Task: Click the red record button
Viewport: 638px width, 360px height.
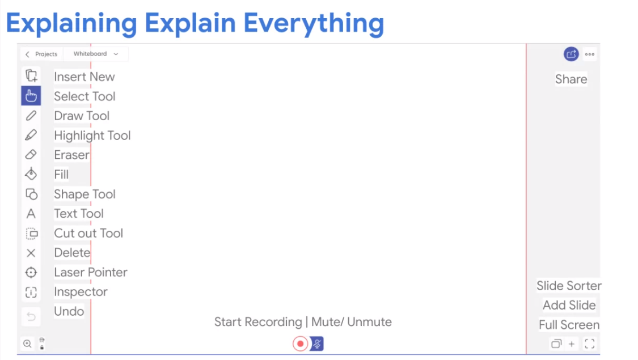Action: click(x=300, y=344)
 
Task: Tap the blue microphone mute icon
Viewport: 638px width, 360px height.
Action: click(x=317, y=344)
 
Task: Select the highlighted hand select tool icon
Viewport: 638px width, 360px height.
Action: click(x=31, y=96)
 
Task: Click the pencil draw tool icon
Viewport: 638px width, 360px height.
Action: click(x=31, y=116)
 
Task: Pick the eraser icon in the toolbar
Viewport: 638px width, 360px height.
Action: click(x=31, y=155)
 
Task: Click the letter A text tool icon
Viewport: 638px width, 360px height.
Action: click(x=31, y=214)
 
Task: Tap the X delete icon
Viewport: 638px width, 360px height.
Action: click(x=31, y=253)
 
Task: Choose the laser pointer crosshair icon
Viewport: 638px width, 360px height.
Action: click(x=31, y=273)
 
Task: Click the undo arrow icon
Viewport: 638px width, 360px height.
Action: click(x=31, y=316)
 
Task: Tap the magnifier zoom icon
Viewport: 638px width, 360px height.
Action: click(x=27, y=344)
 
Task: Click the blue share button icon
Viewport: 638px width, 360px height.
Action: click(x=571, y=54)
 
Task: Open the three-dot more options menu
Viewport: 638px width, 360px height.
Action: click(x=590, y=54)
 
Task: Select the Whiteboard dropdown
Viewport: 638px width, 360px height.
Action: click(x=96, y=54)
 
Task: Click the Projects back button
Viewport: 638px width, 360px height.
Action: click(x=41, y=54)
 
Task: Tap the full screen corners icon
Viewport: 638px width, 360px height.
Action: click(x=590, y=344)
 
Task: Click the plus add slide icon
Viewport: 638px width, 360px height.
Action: click(x=572, y=344)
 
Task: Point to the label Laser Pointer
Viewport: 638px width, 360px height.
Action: click(x=91, y=272)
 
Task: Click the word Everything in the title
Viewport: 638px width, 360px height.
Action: click(x=314, y=23)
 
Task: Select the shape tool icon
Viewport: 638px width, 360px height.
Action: click(x=31, y=194)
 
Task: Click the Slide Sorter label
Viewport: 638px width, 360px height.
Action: click(x=569, y=286)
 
